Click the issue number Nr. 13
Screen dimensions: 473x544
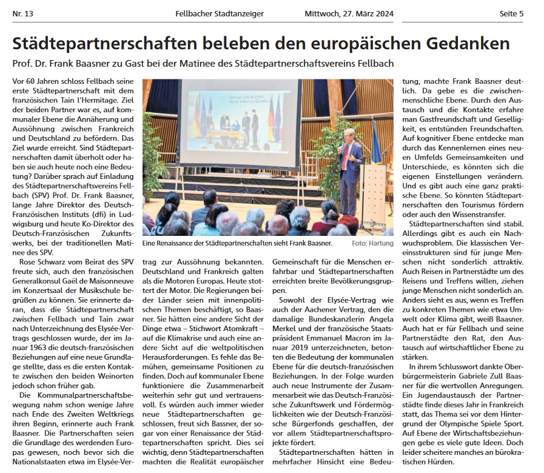coord(23,14)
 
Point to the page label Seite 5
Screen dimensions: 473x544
coord(511,14)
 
